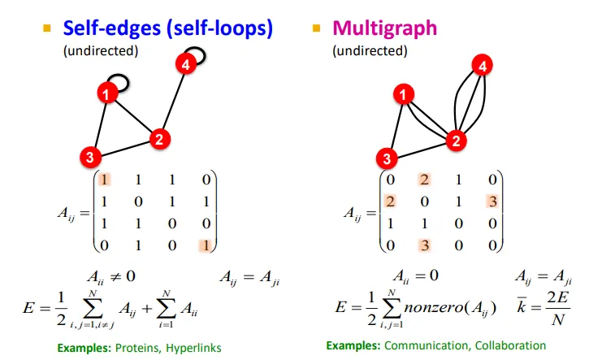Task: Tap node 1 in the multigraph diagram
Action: pyautogui.click(x=401, y=97)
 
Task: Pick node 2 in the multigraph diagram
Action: pyautogui.click(x=457, y=140)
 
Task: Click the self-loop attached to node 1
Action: pyautogui.click(x=119, y=82)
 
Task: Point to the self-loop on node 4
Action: pyautogui.click(x=197, y=54)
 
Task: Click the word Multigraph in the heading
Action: pyautogui.click(x=385, y=28)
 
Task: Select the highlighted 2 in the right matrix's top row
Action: pyautogui.click(x=422, y=180)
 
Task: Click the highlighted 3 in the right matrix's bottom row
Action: pyautogui.click(x=422, y=243)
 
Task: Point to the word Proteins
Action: pyautogui.click(x=132, y=348)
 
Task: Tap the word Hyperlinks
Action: pyautogui.click(x=191, y=348)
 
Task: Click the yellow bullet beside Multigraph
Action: pyautogui.click(x=317, y=28)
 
